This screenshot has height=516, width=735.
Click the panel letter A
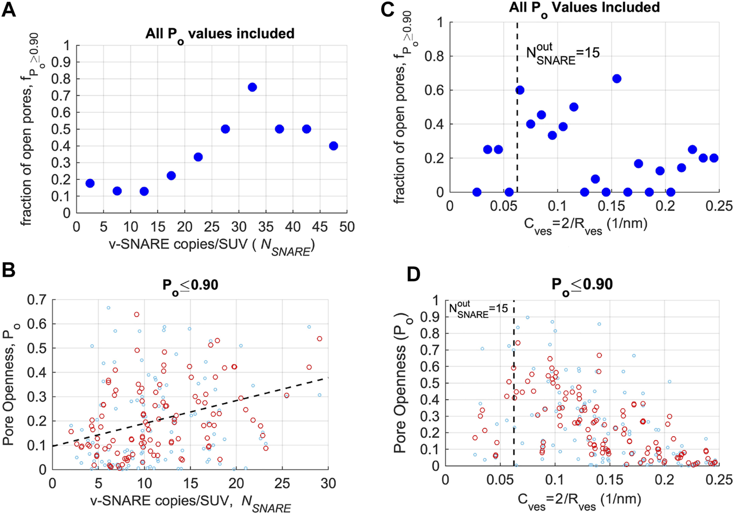(x=8, y=10)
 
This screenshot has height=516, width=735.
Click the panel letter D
(x=414, y=274)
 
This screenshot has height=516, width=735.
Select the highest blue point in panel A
(x=252, y=87)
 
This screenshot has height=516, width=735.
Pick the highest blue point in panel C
(x=617, y=78)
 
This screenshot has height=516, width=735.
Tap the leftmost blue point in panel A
(x=90, y=183)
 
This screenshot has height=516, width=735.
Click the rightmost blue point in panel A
(x=333, y=146)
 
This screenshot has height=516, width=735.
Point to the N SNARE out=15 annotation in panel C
(x=562, y=54)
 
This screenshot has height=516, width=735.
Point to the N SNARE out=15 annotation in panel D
(x=478, y=308)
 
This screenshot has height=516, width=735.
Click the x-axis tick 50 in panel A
(x=347, y=227)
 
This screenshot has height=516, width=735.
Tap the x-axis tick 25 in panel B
(x=282, y=483)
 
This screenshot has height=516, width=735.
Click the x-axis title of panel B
(x=190, y=503)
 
